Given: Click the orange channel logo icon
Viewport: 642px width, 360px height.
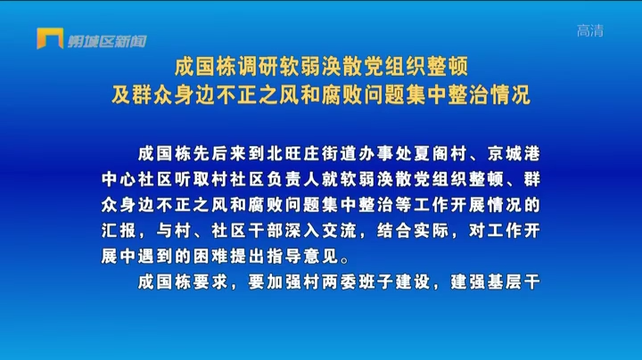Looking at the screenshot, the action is (50, 38).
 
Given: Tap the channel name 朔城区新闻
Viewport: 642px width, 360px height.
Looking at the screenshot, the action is (107, 41).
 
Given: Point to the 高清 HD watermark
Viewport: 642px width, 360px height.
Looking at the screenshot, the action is (590, 30).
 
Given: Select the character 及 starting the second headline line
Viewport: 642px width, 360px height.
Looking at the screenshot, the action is (121, 94).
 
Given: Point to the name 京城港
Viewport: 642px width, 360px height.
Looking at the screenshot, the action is (514, 154).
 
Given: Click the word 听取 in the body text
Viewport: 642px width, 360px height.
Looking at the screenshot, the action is (192, 180).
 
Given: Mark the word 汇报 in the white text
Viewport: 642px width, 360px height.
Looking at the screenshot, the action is (119, 231).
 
